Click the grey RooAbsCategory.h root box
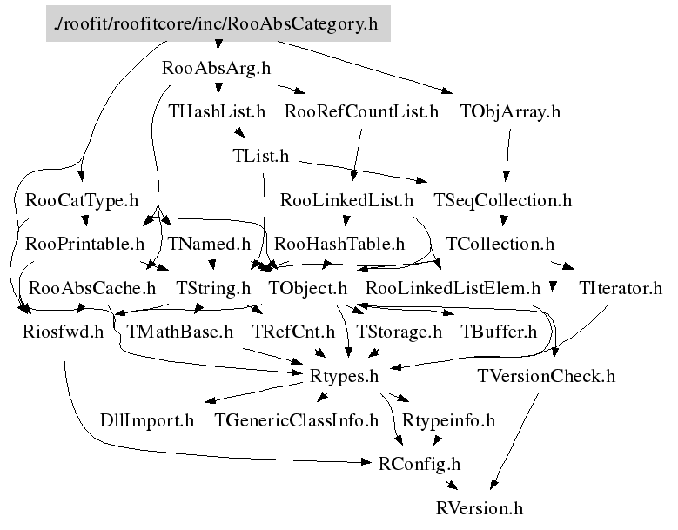coord(218,23)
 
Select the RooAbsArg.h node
coord(216,68)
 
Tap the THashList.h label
coord(217,111)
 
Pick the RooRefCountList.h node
coord(361,111)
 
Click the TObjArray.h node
coord(510,111)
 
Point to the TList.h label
coord(261,156)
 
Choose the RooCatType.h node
coord(82,200)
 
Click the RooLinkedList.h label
coord(346,200)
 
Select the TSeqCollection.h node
coord(502,200)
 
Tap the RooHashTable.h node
coord(339,244)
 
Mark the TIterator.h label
coord(621,288)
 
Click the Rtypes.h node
coord(344,376)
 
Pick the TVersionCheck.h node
coord(546,376)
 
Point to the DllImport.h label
coord(147,420)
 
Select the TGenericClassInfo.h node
coord(297,420)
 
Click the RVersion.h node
coord(480,508)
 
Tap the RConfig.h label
coord(420,464)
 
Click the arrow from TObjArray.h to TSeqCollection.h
coord(507,155)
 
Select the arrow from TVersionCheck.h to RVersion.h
coord(514,441)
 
